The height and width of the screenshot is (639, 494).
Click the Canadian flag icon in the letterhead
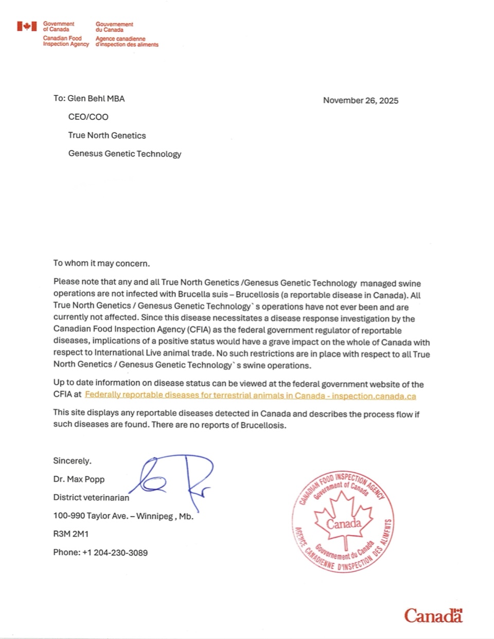(x=27, y=26)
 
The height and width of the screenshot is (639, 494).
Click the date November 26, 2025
(x=360, y=100)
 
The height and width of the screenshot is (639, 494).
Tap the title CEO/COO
(x=89, y=117)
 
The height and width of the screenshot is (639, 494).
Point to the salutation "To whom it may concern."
(x=101, y=263)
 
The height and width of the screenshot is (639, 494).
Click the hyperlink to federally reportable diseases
(x=250, y=396)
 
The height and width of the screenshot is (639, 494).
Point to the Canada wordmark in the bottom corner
(x=433, y=615)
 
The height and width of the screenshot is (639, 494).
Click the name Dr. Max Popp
(x=79, y=480)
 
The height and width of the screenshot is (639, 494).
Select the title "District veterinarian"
(x=91, y=498)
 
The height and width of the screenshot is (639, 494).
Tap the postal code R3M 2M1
(x=70, y=534)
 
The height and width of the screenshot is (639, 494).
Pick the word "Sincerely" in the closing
(x=72, y=461)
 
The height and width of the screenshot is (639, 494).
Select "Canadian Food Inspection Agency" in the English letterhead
(x=66, y=41)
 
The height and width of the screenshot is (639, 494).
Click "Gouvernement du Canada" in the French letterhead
(x=114, y=27)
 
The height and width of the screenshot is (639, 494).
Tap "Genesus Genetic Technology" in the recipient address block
(x=125, y=154)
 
